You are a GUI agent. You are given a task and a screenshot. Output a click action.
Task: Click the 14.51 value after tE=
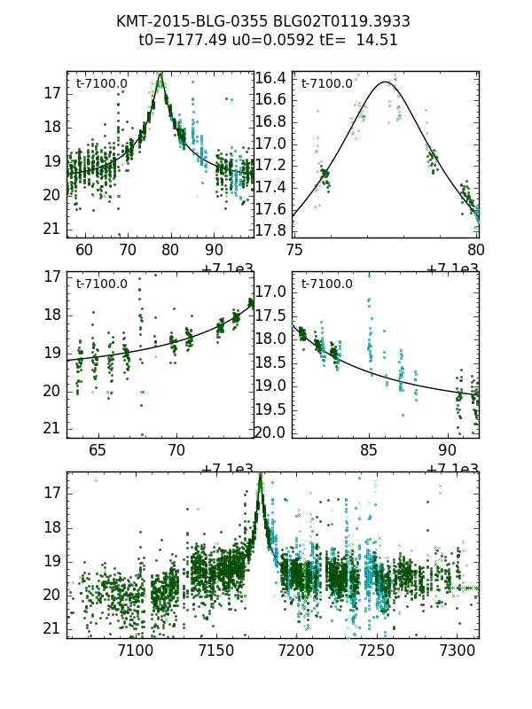(x=377, y=40)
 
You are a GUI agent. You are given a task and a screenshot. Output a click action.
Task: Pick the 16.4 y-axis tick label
(x=270, y=79)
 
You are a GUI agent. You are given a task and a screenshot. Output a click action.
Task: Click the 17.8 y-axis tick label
(x=270, y=230)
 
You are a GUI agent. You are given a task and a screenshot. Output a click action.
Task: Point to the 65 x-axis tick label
(x=98, y=449)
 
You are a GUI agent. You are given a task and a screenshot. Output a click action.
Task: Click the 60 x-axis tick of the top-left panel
(x=84, y=249)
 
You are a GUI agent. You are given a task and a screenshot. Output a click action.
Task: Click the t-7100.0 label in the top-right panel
(x=326, y=84)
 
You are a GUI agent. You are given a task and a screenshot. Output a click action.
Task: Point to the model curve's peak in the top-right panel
(x=385, y=82)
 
